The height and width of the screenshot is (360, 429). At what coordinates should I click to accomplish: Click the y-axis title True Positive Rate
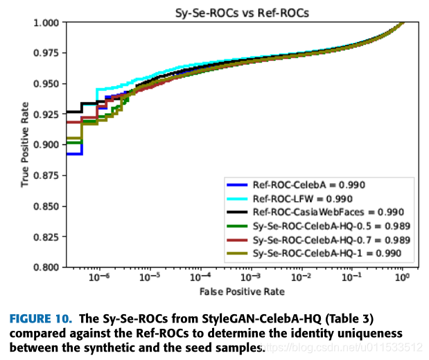pyautogui.click(x=25, y=145)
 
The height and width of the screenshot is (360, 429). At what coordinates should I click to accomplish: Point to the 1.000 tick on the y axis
pyautogui.click(x=51, y=23)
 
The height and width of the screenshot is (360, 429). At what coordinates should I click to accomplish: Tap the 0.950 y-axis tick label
pyautogui.click(x=51, y=84)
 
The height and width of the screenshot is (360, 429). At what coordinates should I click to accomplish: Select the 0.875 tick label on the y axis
pyautogui.click(x=51, y=175)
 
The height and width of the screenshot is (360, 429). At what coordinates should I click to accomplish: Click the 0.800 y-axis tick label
pyautogui.click(x=51, y=267)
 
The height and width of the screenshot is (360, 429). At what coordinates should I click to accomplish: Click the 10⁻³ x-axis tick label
pyautogui.click(x=251, y=277)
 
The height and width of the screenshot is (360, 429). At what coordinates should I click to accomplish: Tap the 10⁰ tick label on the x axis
pyautogui.click(x=401, y=277)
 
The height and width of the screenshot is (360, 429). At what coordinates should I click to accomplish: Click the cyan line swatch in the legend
pyautogui.click(x=237, y=198)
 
